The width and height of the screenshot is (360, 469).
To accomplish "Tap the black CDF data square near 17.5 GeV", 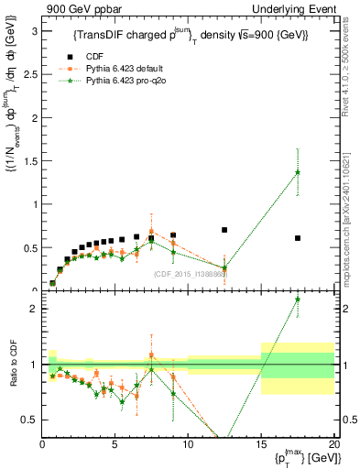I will pyautogui.click(x=298, y=238).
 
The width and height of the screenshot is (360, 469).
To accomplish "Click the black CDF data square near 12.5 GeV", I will pyautogui.click(x=224, y=230).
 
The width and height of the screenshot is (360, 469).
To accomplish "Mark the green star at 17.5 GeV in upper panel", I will pyautogui.click(x=298, y=172).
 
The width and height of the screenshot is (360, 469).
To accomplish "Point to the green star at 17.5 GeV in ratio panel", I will pyautogui.click(x=298, y=300).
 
